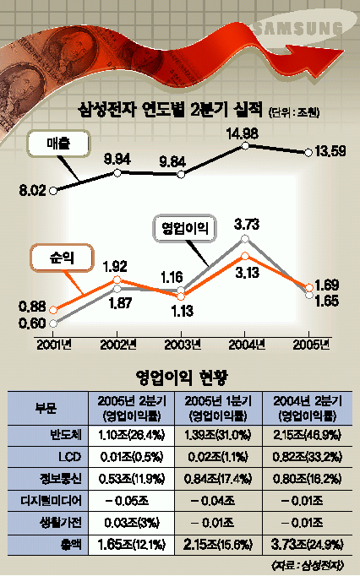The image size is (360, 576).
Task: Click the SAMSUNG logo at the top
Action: pos(297,29)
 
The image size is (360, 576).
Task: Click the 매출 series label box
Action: pos(58,144)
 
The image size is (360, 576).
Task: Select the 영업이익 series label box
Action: pos(184,229)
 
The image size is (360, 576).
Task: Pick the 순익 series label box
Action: pos(62,258)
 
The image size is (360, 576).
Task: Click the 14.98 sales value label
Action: pos(242,133)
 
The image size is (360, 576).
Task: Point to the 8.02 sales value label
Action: pos(33,191)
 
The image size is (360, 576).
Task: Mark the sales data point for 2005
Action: pos(308,153)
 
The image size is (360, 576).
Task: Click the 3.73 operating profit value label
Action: pos(247,224)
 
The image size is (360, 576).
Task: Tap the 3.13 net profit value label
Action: pos(247,273)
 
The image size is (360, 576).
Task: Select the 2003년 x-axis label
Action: pos(183,345)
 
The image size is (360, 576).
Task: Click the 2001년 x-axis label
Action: pos(54,345)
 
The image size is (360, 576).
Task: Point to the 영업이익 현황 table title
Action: pos(182,377)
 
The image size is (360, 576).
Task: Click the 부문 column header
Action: pos(46,408)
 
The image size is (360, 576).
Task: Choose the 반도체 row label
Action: pos(66,435)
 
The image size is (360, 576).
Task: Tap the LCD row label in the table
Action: pos(69,457)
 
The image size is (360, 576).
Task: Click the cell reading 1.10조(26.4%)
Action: pos(131,435)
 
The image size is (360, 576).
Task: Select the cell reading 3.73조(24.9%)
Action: pos(307,545)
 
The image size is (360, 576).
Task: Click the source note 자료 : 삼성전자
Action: pos(307,564)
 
